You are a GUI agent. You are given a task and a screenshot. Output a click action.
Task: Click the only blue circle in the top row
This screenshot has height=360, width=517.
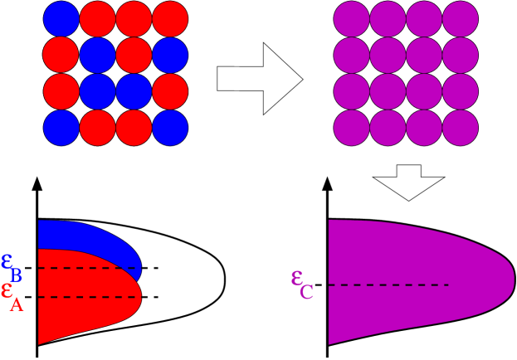coord(61,19)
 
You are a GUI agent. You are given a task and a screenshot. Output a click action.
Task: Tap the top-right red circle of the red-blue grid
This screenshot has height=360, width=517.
coord(170,19)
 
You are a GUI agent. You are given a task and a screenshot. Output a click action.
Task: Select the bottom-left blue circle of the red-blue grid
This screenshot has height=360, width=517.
coord(61,128)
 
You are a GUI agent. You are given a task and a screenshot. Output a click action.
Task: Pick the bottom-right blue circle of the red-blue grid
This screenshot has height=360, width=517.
coord(170,128)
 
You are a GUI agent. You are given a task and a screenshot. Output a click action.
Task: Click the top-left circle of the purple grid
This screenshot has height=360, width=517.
coord(351,19)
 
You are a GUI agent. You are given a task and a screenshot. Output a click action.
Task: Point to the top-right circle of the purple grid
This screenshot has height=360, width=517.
coord(461,19)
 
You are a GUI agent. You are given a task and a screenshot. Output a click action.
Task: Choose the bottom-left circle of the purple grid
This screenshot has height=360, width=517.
coord(351,128)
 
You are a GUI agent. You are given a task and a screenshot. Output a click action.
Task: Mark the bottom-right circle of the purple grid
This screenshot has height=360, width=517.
coord(461,128)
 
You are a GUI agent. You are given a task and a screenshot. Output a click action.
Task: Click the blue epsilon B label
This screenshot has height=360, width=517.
coord(12,265)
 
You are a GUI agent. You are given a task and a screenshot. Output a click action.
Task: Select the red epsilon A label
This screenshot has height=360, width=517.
coord(12,295)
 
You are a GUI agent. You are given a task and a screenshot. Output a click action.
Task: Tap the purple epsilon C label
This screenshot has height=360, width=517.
coord(301,283)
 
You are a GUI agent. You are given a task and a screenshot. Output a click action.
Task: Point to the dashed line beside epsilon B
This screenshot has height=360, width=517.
coord(87,268)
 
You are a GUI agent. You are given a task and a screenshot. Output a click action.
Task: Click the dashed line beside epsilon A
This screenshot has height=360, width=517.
coord(87,296)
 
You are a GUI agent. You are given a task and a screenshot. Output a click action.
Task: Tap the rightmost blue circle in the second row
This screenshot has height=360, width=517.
coord(170,56)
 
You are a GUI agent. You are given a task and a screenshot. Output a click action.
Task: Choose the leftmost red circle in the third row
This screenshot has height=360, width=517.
coord(61,91)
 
